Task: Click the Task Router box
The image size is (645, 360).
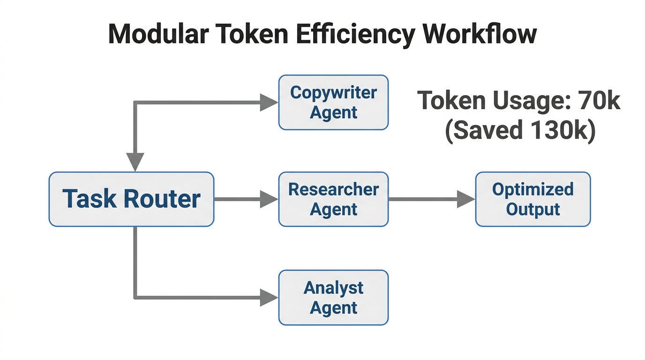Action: pyautogui.click(x=131, y=199)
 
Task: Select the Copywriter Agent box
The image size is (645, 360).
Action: pyautogui.click(x=333, y=102)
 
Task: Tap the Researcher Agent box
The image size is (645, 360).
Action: pyautogui.click(x=333, y=199)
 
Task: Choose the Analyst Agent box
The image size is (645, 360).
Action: pyautogui.click(x=333, y=297)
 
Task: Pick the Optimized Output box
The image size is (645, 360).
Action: pyautogui.click(x=533, y=199)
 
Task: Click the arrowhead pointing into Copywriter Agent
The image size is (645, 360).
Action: pyautogui.click(x=269, y=102)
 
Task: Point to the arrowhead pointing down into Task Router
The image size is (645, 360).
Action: pyautogui.click(x=135, y=162)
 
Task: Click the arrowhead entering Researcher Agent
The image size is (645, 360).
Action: pyautogui.click(x=269, y=199)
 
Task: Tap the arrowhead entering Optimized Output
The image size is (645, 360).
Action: pyautogui.click(x=466, y=199)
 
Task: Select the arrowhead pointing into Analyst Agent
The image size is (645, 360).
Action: pyautogui.click(x=269, y=297)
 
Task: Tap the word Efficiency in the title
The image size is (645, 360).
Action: pyautogui.click(x=346, y=34)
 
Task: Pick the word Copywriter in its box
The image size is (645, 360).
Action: pyautogui.click(x=333, y=92)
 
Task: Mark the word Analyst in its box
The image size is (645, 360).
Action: pyautogui.click(x=333, y=287)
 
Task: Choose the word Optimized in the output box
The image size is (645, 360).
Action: pyautogui.click(x=533, y=189)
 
